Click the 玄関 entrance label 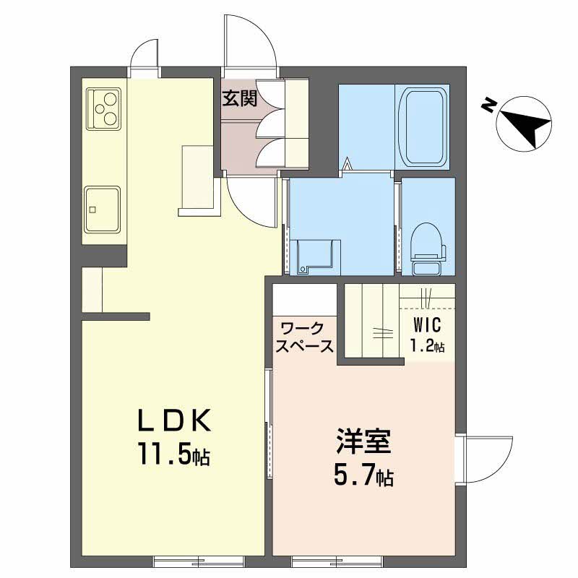[239, 98]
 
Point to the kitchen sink [103, 209]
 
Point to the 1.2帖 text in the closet [427, 345]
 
